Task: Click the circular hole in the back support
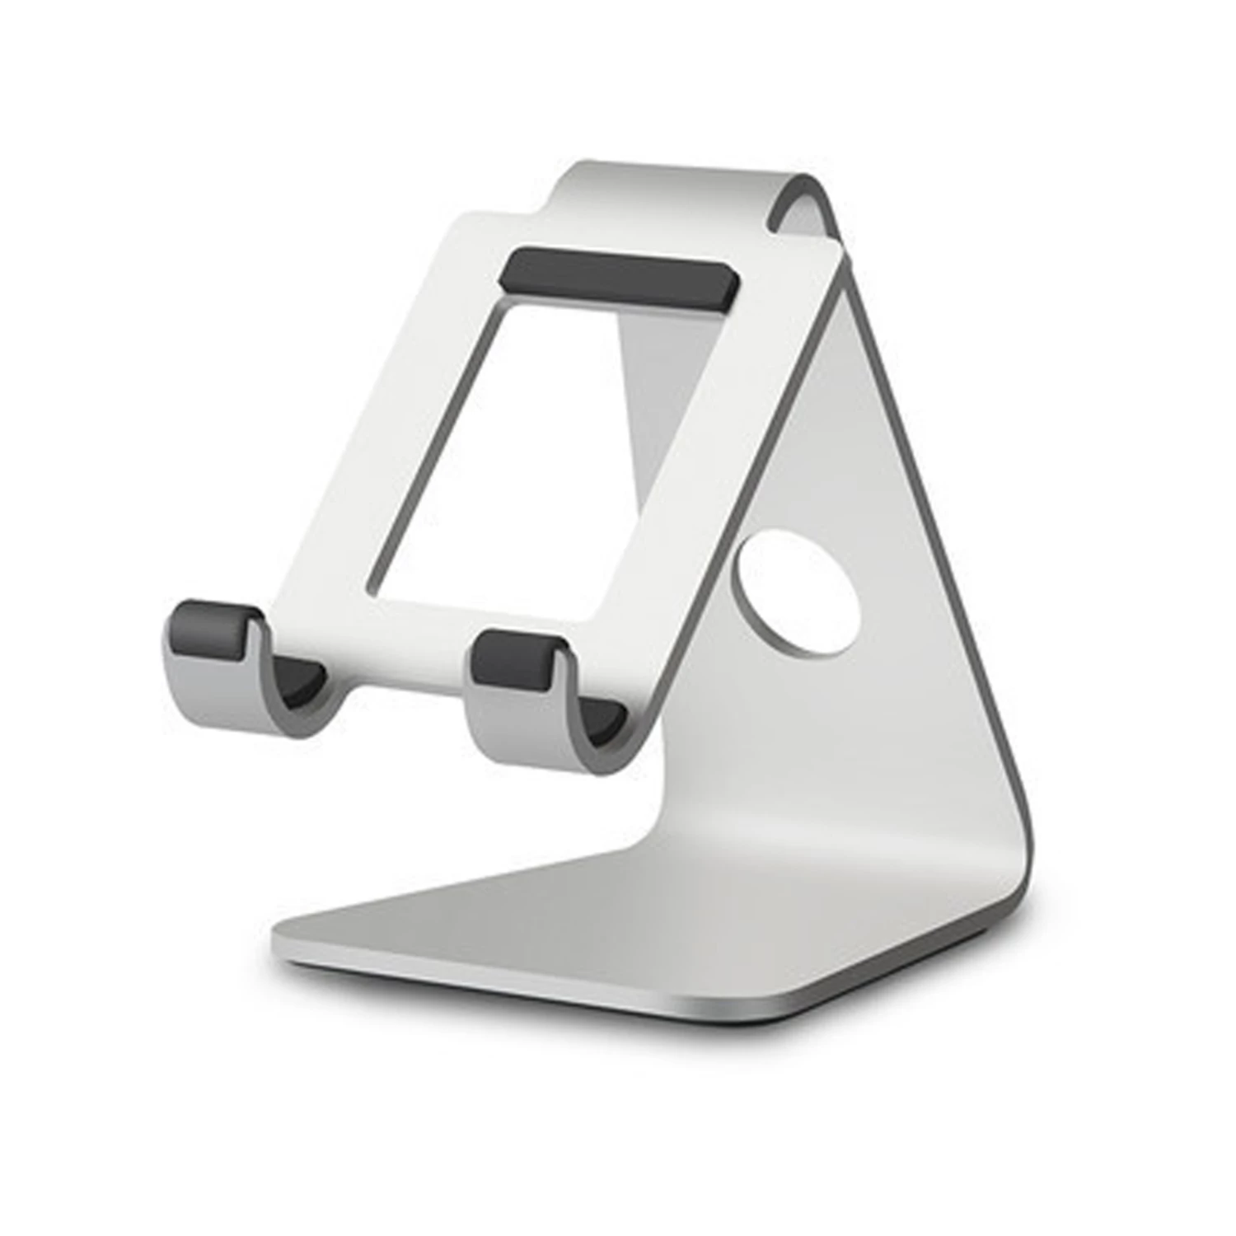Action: (798, 593)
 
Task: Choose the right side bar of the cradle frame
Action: (700, 461)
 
